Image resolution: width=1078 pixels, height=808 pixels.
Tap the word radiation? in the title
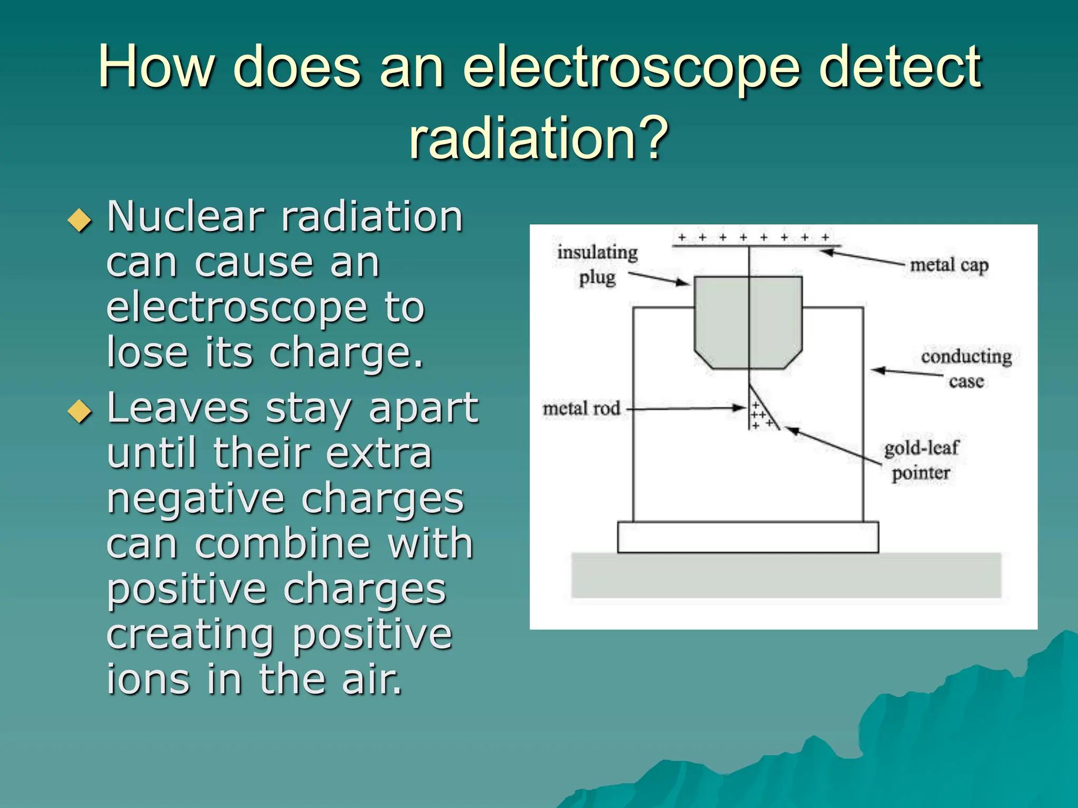pyautogui.click(x=538, y=138)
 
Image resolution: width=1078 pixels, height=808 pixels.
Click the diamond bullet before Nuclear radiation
pyautogui.click(x=79, y=220)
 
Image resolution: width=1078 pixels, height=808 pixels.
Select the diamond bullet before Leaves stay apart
pyautogui.click(x=79, y=411)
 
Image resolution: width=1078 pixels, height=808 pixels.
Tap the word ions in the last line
pyautogui.click(x=148, y=679)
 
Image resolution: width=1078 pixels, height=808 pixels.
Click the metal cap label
pyautogui.click(x=949, y=265)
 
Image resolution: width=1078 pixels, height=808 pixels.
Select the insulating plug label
pyautogui.click(x=597, y=265)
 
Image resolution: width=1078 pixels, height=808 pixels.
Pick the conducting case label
pyautogui.click(x=966, y=368)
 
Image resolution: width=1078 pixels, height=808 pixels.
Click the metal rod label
pyautogui.click(x=582, y=409)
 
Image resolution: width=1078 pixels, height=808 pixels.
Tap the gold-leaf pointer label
pyautogui.click(x=921, y=460)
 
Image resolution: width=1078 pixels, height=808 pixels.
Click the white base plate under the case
pyautogui.click(x=747, y=537)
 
